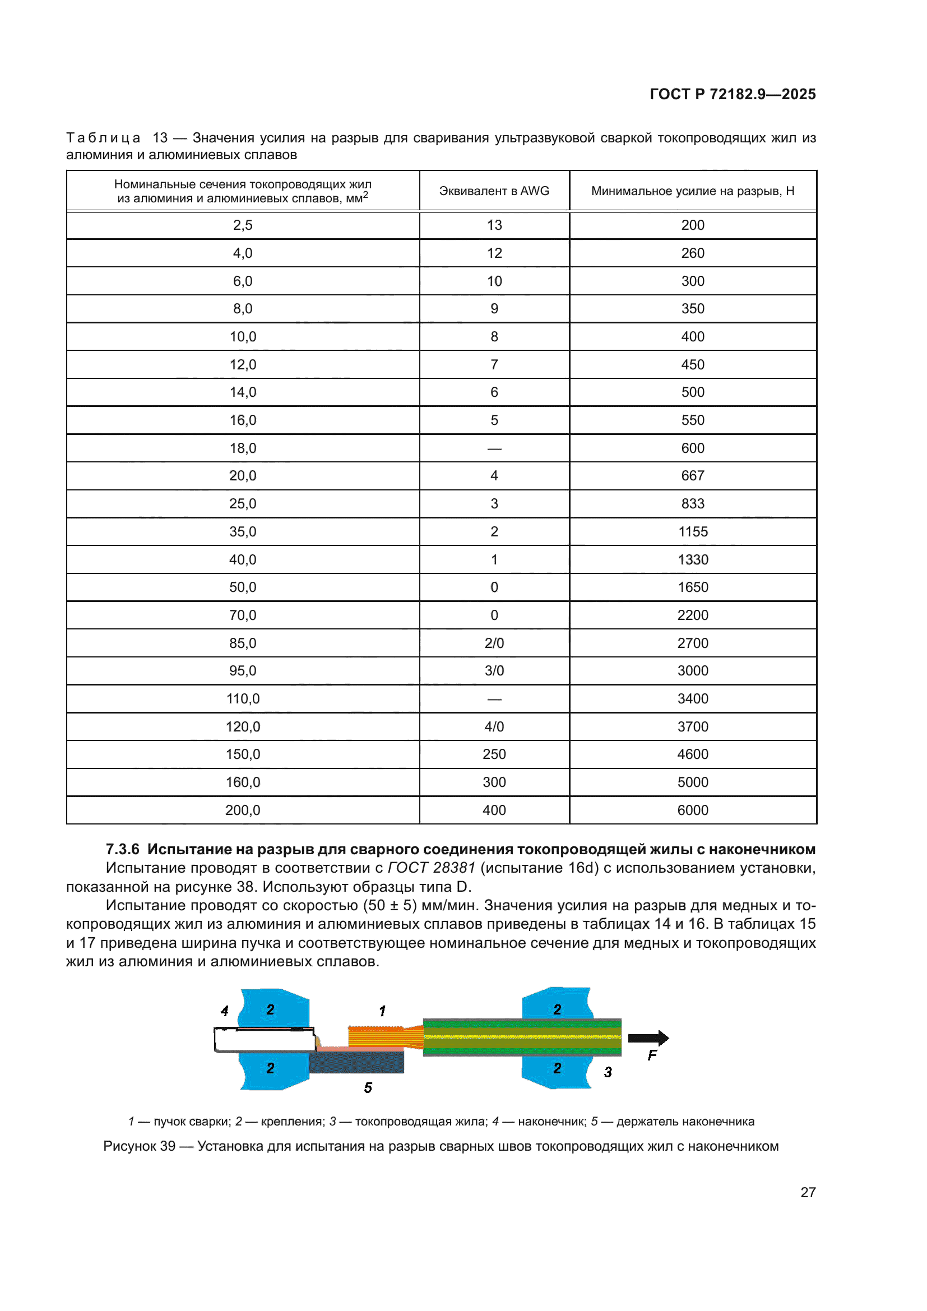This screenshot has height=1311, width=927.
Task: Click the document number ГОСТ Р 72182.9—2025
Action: tap(733, 94)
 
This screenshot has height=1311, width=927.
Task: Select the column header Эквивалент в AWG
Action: tap(494, 191)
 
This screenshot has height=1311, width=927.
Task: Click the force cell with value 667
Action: tap(692, 476)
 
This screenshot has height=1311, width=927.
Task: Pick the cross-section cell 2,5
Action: tap(243, 225)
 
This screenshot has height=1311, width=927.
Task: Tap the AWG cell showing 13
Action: tap(494, 225)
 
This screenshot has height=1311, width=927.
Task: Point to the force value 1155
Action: tap(692, 531)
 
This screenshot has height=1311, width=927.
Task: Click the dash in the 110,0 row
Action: tap(494, 699)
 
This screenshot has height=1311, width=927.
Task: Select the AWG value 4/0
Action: tap(494, 726)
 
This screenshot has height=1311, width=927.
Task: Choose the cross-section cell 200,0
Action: tap(243, 810)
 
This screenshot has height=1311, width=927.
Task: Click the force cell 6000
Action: tap(692, 810)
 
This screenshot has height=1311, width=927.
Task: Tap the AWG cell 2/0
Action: tap(494, 643)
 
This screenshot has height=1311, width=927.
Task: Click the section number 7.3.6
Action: tap(122, 849)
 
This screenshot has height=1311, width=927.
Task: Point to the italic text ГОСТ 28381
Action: tap(431, 868)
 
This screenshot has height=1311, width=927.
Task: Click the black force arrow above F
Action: tap(648, 1038)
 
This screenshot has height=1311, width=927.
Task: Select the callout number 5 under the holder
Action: tap(368, 1088)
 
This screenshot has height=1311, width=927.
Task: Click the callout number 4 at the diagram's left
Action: tap(225, 1011)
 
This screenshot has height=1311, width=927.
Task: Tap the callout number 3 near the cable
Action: tap(608, 1072)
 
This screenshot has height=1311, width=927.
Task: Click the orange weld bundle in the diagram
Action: tap(377, 1036)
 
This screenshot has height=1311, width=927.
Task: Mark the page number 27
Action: tap(808, 1192)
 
